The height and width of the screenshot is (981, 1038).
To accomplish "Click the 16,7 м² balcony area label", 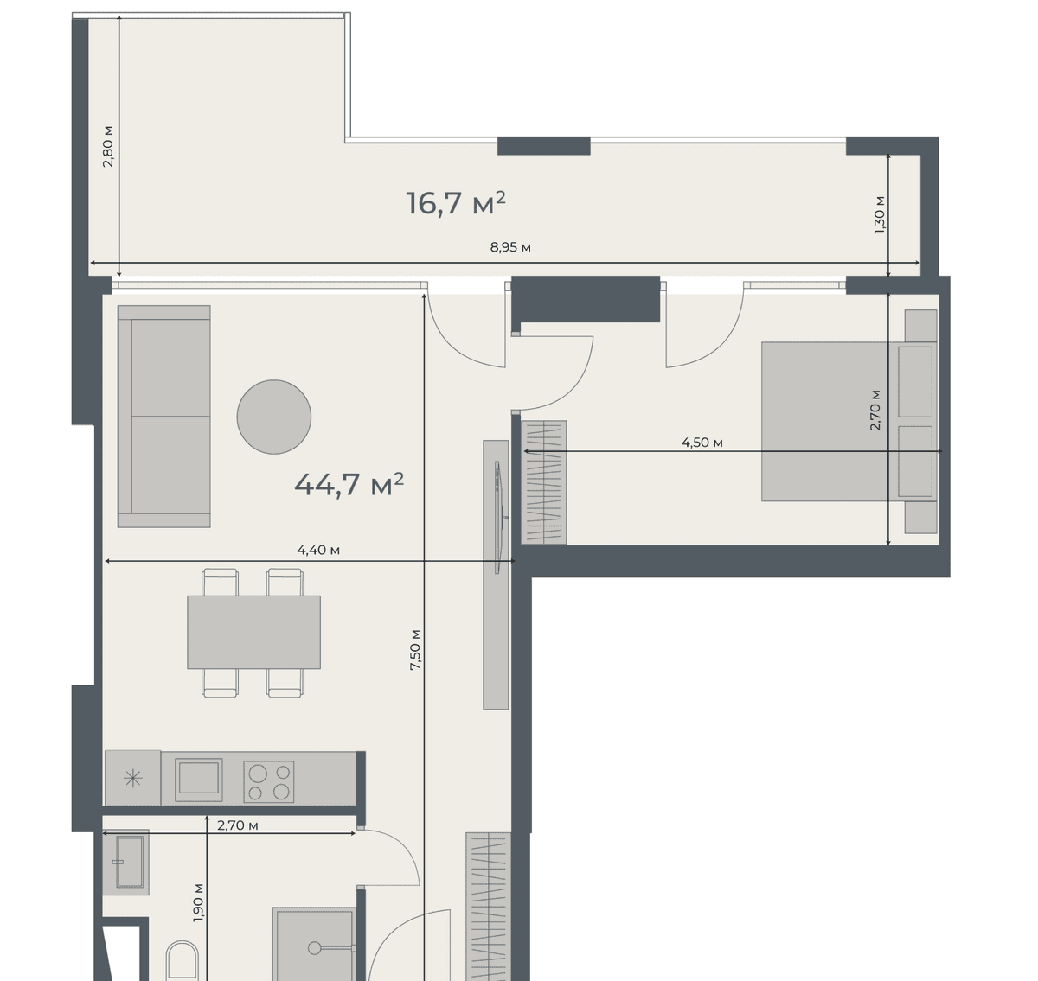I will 456,203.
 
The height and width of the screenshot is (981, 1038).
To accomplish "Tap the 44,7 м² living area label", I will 349,484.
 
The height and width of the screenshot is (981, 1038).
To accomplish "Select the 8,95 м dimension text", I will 510,247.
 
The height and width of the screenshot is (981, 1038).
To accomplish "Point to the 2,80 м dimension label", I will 108,146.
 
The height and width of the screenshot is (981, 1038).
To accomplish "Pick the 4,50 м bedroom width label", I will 702,443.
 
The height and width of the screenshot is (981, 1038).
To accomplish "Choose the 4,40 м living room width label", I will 318,550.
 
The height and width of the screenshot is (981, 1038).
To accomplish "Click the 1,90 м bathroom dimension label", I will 198,902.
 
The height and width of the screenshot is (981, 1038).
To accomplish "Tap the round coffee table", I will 274,417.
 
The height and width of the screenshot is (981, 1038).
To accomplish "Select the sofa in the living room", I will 164,417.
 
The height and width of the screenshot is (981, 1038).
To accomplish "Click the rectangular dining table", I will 253,632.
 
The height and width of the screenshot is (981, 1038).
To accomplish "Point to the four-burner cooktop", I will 269,781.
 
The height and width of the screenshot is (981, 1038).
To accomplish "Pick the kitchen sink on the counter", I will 199,779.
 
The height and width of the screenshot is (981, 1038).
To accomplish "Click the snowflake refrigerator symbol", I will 133,779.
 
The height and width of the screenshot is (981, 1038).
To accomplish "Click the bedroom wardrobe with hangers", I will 545,482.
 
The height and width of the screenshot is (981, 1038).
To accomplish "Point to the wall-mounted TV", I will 498,517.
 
